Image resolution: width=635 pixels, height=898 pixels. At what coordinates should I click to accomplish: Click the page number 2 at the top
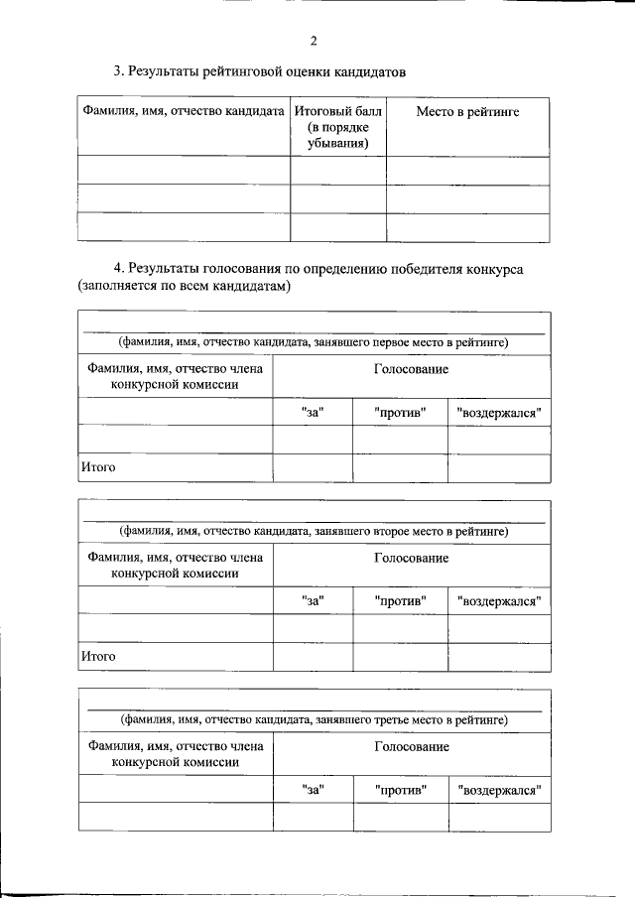[314, 41]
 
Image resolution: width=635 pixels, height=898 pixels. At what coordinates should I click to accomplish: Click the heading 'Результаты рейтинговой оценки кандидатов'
[260, 71]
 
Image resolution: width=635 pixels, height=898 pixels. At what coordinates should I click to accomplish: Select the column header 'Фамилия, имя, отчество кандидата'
[184, 112]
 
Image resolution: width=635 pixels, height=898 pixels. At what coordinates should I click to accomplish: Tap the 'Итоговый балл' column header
[337, 127]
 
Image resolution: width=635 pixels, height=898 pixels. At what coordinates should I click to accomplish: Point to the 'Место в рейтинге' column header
[466, 112]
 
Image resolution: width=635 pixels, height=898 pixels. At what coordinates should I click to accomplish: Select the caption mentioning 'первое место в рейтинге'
[314, 342]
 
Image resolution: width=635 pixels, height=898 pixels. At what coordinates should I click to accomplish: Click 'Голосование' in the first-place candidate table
[411, 369]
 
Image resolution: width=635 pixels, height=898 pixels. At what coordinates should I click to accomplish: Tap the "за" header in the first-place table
[313, 412]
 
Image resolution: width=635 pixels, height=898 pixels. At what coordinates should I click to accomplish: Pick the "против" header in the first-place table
[401, 412]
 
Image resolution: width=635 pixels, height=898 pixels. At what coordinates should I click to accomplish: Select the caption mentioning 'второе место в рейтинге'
[314, 531]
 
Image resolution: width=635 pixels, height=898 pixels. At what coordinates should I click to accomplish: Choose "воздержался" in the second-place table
[499, 600]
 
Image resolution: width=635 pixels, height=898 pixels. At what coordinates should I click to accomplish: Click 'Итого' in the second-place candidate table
[99, 656]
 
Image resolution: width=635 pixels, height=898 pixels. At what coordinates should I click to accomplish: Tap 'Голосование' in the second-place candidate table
[411, 558]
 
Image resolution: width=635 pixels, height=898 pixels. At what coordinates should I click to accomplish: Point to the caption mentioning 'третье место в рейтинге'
[314, 719]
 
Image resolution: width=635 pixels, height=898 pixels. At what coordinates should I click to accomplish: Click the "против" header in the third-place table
[401, 790]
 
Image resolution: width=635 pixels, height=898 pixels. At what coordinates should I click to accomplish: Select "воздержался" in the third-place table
[499, 790]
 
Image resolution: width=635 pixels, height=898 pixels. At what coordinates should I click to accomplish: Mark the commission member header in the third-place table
[176, 754]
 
